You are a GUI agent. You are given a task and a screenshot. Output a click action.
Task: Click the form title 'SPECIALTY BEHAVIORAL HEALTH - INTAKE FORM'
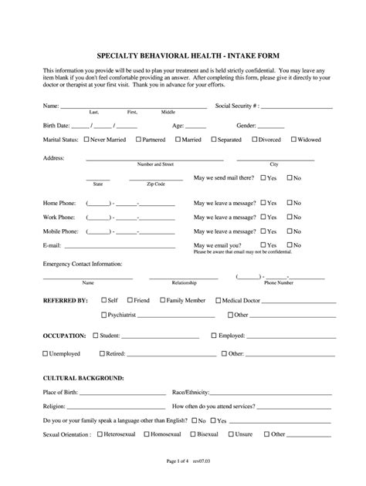click(183, 56)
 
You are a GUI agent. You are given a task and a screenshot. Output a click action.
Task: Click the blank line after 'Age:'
click(195, 124)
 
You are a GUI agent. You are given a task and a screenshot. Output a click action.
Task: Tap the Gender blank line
click(270, 124)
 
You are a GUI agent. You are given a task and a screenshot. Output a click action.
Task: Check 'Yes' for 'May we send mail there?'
click(263, 177)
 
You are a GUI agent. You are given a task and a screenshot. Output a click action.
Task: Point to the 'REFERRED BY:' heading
click(65, 299)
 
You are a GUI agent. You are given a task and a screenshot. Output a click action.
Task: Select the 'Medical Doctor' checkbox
click(219, 299)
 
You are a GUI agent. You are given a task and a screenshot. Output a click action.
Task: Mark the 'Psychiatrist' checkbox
click(104, 315)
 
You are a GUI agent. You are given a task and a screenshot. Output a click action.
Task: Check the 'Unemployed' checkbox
click(45, 353)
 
